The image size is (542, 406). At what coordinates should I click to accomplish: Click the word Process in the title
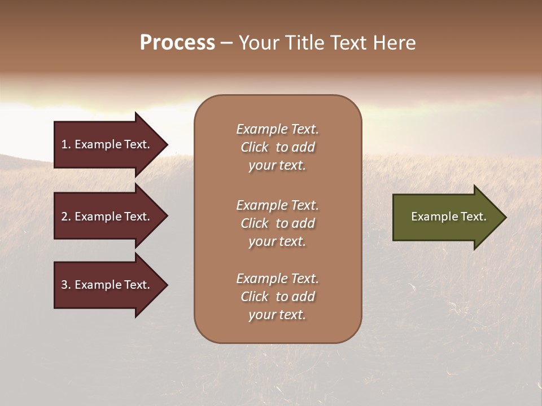point(177,43)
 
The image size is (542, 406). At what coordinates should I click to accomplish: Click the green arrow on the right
point(446,217)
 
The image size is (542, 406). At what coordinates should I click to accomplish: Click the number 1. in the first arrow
point(66,144)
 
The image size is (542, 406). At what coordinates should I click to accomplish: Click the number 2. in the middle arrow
point(66,217)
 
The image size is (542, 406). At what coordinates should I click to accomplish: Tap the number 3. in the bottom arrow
point(66,285)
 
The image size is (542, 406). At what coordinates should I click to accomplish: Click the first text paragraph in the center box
point(277,147)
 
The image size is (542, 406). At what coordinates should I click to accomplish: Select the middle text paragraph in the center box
point(277,223)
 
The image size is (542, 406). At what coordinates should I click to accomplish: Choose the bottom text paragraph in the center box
point(277,297)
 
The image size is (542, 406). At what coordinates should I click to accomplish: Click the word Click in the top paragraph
point(255,147)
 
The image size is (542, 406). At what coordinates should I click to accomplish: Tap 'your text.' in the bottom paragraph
point(277,315)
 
